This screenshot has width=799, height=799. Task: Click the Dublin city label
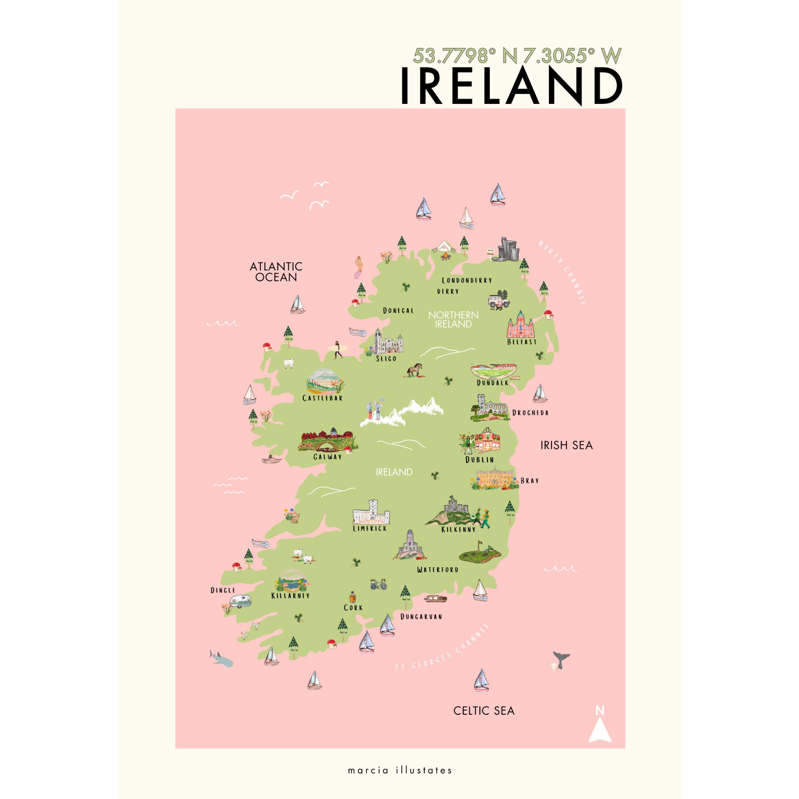[x=479, y=459]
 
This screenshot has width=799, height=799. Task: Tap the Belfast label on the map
[x=521, y=342]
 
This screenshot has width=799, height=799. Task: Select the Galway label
[x=328, y=457]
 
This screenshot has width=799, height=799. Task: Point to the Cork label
[x=353, y=608]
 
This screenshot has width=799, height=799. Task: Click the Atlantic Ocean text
[x=276, y=272]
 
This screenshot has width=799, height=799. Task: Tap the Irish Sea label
[x=566, y=445]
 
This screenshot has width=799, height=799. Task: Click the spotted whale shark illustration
[x=222, y=659]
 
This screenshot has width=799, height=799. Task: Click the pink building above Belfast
[x=521, y=325]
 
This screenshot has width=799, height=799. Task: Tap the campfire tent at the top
[x=444, y=250]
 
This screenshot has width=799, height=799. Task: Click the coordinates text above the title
[x=517, y=56]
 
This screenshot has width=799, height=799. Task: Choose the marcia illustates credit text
[x=399, y=770]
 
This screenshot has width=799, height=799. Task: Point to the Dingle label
[x=223, y=590]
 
